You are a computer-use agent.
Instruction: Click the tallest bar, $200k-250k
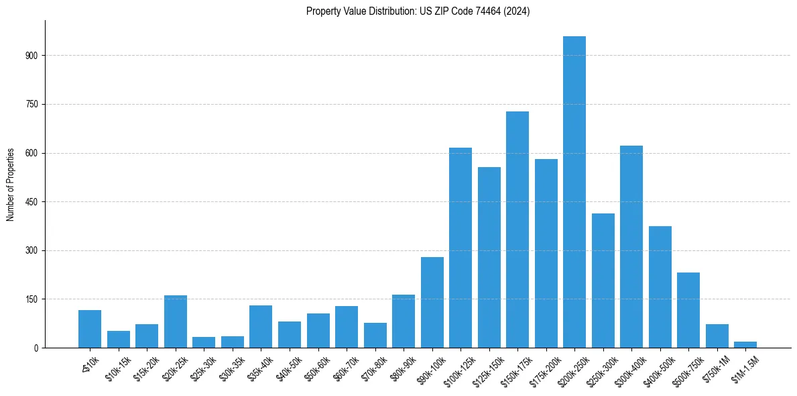point(574,192)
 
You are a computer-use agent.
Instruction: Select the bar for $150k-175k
point(517,230)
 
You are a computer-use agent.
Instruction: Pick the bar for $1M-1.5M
point(745,345)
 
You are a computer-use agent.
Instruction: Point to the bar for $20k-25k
point(176,321)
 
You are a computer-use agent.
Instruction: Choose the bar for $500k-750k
point(688,310)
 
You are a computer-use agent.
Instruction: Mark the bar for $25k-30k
point(204,342)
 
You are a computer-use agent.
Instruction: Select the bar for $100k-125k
point(461,248)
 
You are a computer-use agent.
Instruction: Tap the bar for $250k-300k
point(603,281)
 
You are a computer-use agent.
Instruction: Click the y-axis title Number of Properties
point(11,185)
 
